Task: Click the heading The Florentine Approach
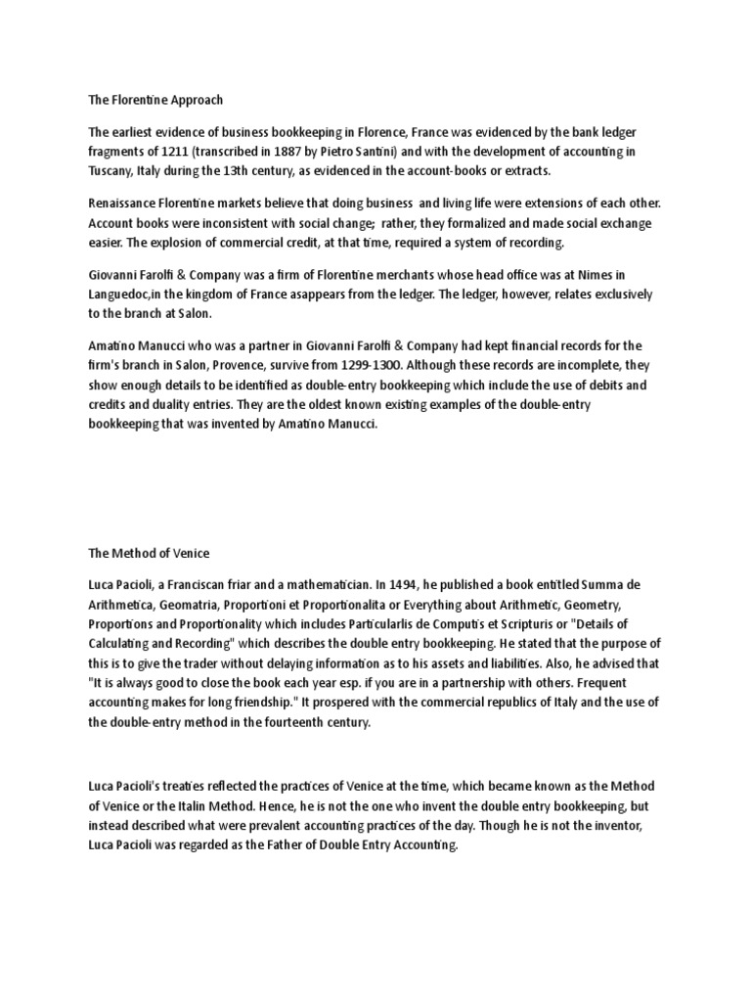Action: [x=155, y=100]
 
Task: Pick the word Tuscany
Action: [x=112, y=170]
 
